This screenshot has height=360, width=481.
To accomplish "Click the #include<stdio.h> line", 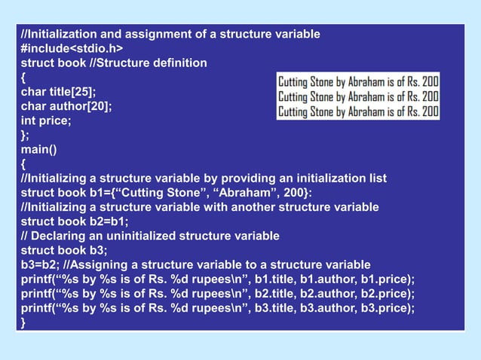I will pyautogui.click(x=72, y=49).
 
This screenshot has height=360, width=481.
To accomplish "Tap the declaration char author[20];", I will pyautogui.click(x=66, y=106).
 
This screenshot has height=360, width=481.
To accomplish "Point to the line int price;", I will pyautogui.click(x=46, y=121).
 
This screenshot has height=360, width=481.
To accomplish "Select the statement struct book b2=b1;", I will pyautogui.click(x=75, y=221).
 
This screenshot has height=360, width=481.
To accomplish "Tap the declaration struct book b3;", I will pyautogui.click(x=64, y=250).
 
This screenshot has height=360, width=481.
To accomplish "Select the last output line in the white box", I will pyautogui.click(x=358, y=111).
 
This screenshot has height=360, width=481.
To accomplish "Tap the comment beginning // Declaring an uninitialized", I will pyautogui.click(x=150, y=236).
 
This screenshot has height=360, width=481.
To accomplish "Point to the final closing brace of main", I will pyautogui.click(x=23, y=322).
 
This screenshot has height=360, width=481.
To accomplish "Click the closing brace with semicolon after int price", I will pyautogui.click(x=25, y=135).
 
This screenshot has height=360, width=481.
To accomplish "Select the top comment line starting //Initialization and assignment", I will pyautogui.click(x=170, y=35).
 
